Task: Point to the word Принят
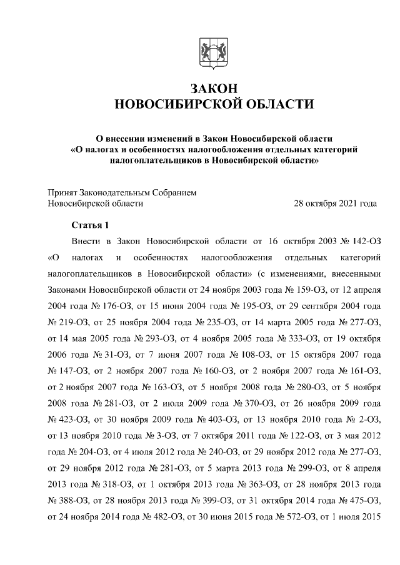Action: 62,192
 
